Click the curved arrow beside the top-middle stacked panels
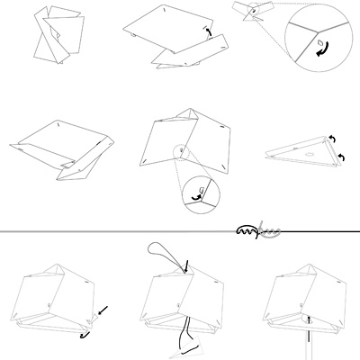coord(208,33)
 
